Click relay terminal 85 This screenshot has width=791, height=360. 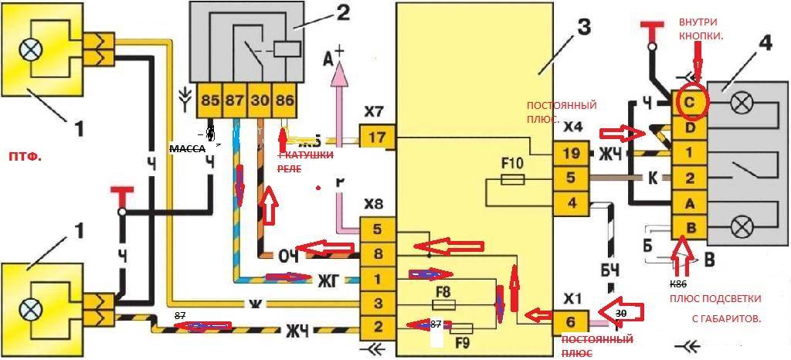209,100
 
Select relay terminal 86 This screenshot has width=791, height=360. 285,100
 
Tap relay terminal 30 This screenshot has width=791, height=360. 260,100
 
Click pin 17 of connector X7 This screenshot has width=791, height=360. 378,138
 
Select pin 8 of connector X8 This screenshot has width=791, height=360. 378,253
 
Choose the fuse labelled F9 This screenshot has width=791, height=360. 460,328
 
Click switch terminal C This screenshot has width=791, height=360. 688,101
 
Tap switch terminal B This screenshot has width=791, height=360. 688,228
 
